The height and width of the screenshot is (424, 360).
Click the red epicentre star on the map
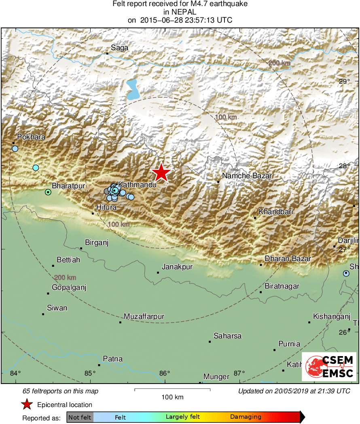(161, 173)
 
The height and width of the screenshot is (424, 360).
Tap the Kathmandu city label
(137, 184)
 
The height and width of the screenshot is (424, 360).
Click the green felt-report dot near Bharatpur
(48, 192)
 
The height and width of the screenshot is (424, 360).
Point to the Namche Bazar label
(247, 176)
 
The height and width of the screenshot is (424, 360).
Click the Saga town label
(120, 48)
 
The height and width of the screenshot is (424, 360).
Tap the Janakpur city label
(177, 267)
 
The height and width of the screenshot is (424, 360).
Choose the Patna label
(113, 359)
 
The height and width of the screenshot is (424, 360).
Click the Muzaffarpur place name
(144, 316)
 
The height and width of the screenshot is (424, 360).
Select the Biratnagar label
(282, 286)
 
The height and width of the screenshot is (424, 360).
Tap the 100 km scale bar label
(172, 397)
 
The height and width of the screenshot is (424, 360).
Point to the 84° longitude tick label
(15, 373)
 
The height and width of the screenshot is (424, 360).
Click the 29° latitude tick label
(344, 81)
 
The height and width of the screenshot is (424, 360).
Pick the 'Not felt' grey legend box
(80, 417)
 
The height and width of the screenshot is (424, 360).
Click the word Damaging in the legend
(246, 417)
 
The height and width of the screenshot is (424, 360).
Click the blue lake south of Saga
(132, 90)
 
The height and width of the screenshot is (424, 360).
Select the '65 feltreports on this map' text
(61, 391)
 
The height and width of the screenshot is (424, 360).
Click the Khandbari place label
(276, 212)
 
